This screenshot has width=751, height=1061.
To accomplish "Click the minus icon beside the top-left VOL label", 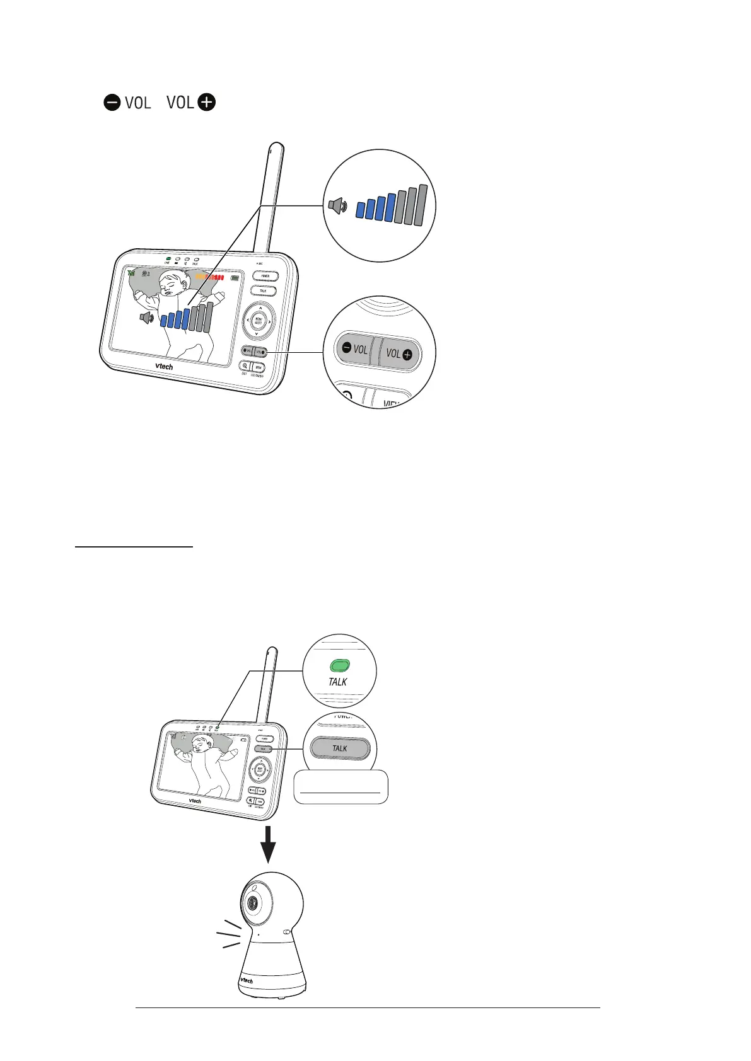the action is tap(112, 103).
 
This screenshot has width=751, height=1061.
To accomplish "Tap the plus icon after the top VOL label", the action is tap(206, 102).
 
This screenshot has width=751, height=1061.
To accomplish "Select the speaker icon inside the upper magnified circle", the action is tap(337, 205).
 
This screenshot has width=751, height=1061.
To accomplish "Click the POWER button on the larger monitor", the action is tap(265, 276).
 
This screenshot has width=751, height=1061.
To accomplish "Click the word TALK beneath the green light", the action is tap(338, 682).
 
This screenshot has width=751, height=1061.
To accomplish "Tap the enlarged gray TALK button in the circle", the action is tap(339, 748).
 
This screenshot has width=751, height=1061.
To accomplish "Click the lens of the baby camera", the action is tap(252, 903).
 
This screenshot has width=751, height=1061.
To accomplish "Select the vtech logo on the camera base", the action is tap(246, 980).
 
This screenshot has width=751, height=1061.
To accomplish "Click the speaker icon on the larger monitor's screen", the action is tap(146, 318).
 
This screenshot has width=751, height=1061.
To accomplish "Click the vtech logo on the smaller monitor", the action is tap(195, 801).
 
